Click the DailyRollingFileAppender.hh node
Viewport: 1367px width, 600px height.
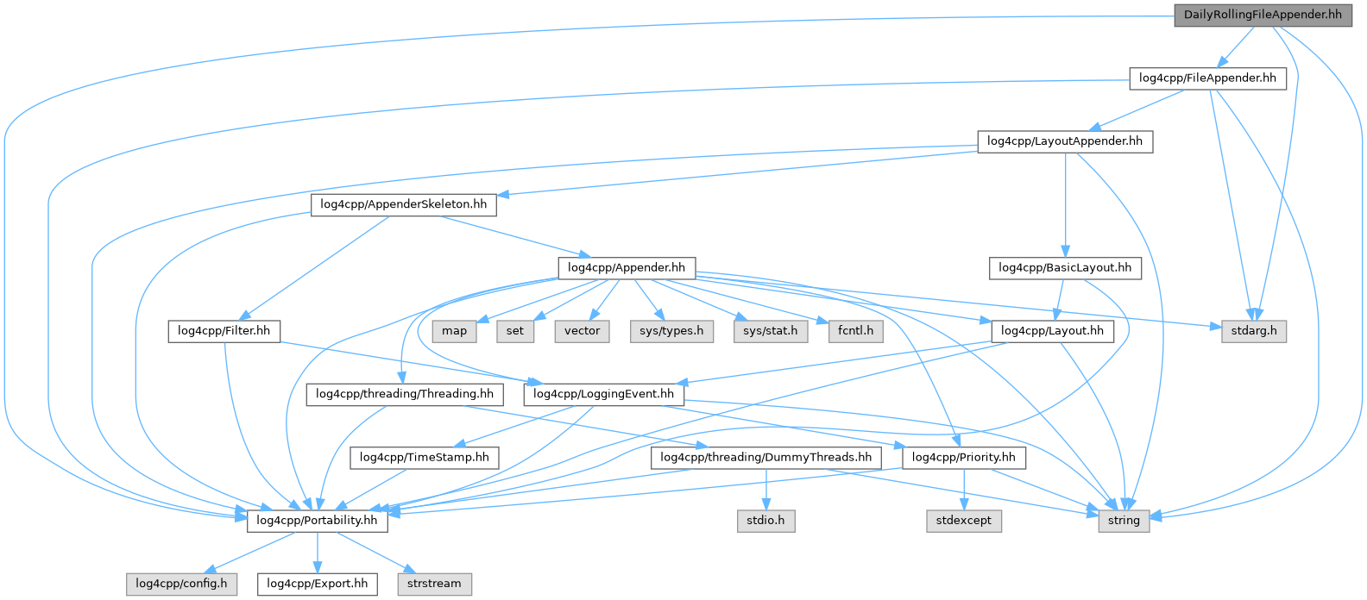[x=1263, y=15]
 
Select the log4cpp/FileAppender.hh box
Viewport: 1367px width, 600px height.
[x=1207, y=78]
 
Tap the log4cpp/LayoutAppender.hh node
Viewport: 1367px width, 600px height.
[x=1065, y=141]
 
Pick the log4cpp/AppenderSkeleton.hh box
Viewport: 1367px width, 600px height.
[x=403, y=205]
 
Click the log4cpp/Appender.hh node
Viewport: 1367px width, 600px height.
[x=627, y=268]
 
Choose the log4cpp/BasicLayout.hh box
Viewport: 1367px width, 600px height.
[x=1065, y=268]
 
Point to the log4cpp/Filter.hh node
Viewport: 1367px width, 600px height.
[x=224, y=331]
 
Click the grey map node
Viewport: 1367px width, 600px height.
[x=454, y=331]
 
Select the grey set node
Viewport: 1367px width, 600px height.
[x=515, y=331]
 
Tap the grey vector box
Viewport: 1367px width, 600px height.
[x=583, y=331]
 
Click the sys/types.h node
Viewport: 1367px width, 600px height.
[x=671, y=331]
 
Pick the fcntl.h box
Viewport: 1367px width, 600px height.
[x=855, y=331]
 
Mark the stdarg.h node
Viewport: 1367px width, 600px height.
[x=1254, y=331]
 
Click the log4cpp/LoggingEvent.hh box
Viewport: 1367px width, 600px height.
[x=604, y=395]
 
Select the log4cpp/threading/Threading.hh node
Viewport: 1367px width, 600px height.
[x=405, y=395]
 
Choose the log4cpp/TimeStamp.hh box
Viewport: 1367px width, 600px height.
[x=425, y=458]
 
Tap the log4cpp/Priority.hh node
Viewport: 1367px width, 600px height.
[x=964, y=458]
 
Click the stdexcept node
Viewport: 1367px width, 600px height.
[x=964, y=521]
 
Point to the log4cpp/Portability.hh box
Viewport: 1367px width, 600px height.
[x=317, y=521]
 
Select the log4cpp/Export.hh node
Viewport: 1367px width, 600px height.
[x=317, y=584]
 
